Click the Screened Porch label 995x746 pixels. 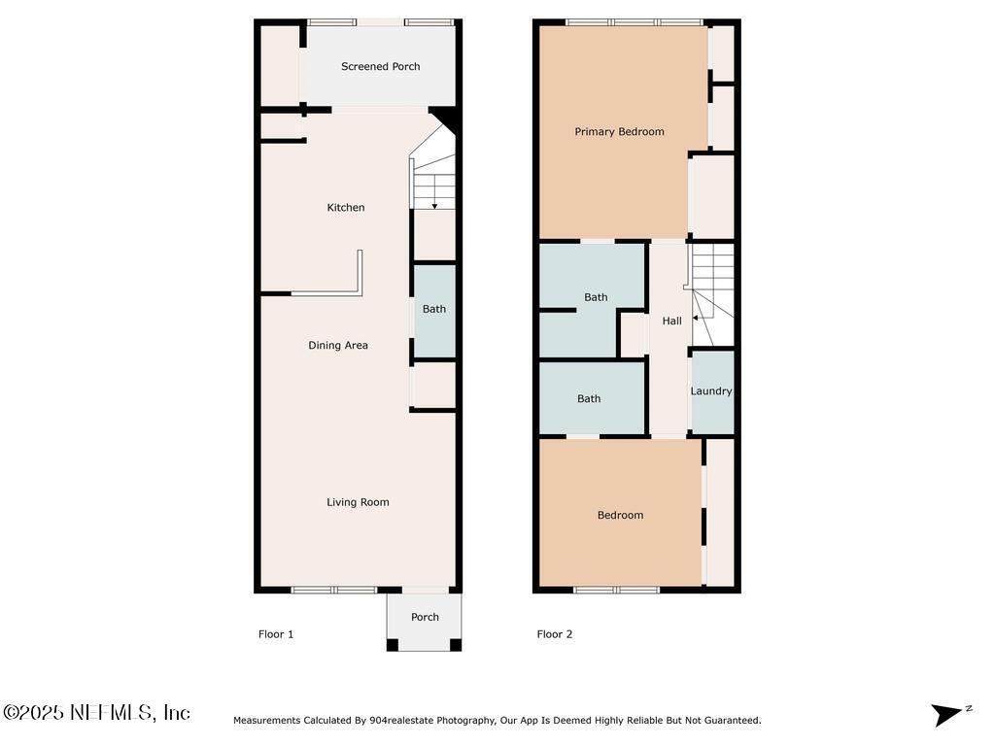point(380,67)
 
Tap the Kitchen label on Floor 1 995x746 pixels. point(346,208)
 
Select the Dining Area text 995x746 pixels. point(338,346)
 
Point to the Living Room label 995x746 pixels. point(358,502)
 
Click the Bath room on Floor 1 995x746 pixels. point(434,310)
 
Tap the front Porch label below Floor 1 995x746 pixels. point(425,617)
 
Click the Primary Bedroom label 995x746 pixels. point(619,132)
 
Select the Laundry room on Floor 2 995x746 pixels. point(711,391)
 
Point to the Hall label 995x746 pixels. point(671,322)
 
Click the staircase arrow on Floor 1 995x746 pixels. point(433,204)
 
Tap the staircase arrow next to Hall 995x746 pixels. point(697,318)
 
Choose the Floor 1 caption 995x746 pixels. point(276,634)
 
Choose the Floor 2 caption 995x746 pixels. point(555,634)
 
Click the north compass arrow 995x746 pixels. point(946,715)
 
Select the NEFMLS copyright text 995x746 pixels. point(97,713)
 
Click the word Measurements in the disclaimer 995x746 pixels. point(267,721)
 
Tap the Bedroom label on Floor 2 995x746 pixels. point(620,516)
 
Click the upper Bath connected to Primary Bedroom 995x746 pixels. point(596,297)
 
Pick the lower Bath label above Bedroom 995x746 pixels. point(589,399)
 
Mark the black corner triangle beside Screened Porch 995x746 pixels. point(448,119)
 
